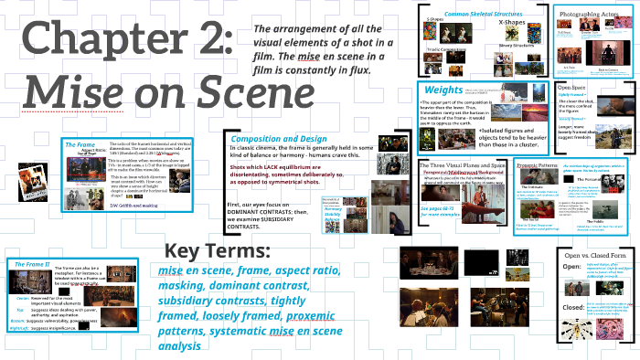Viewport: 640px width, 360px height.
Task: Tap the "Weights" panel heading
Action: coord(443,90)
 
